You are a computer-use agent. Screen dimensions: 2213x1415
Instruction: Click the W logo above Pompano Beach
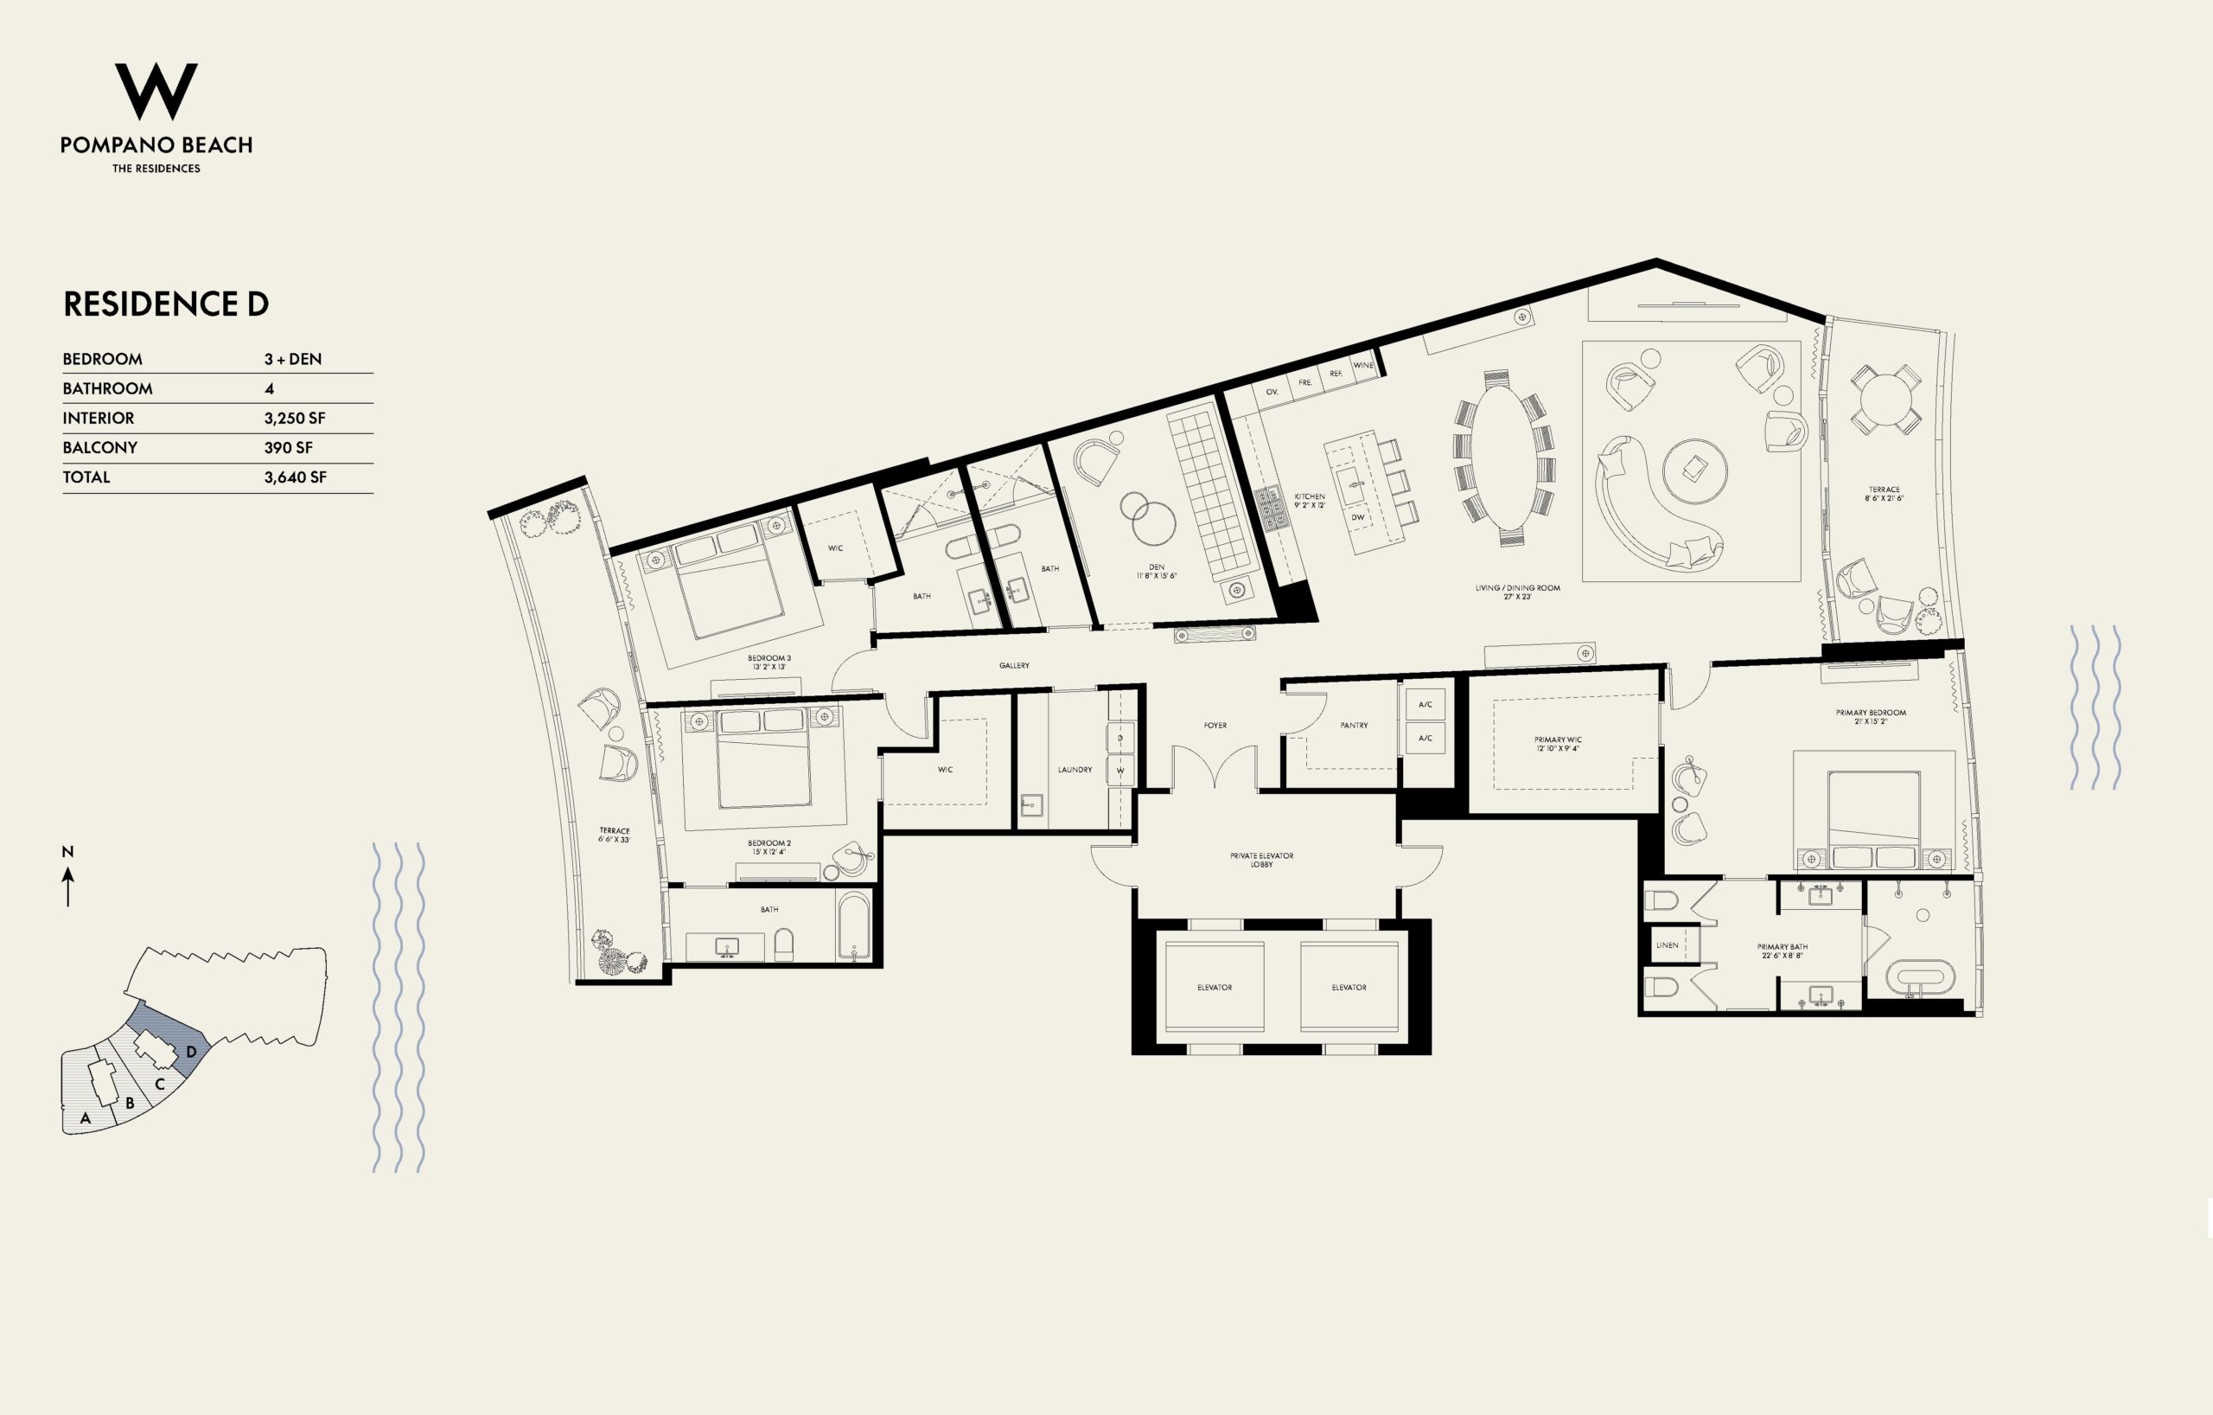[x=156, y=91]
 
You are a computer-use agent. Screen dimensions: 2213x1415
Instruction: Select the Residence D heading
[x=165, y=304]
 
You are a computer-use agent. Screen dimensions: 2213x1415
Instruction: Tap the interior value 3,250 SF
[x=295, y=419]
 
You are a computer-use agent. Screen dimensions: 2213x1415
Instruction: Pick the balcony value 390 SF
[x=289, y=448]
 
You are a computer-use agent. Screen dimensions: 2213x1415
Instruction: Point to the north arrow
[x=68, y=887]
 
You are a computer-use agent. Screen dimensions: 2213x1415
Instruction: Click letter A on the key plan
[x=86, y=1119]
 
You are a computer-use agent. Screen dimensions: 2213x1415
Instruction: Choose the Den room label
[x=1156, y=567]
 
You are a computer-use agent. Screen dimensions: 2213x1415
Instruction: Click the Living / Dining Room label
[x=1517, y=587]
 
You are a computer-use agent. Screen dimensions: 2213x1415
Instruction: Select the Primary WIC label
[x=1558, y=740]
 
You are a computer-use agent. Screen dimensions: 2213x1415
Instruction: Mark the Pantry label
[x=1354, y=726]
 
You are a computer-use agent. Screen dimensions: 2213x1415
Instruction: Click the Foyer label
[x=1215, y=726]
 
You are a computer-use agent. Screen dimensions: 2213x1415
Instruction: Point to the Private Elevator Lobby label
[x=1262, y=860]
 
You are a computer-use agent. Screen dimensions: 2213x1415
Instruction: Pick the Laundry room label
[x=1075, y=770]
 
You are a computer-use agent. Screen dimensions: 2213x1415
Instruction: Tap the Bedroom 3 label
[x=769, y=658]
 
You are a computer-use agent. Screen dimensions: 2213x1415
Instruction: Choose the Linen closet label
[x=1668, y=945]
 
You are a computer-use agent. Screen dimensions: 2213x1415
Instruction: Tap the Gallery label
[x=1015, y=666]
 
